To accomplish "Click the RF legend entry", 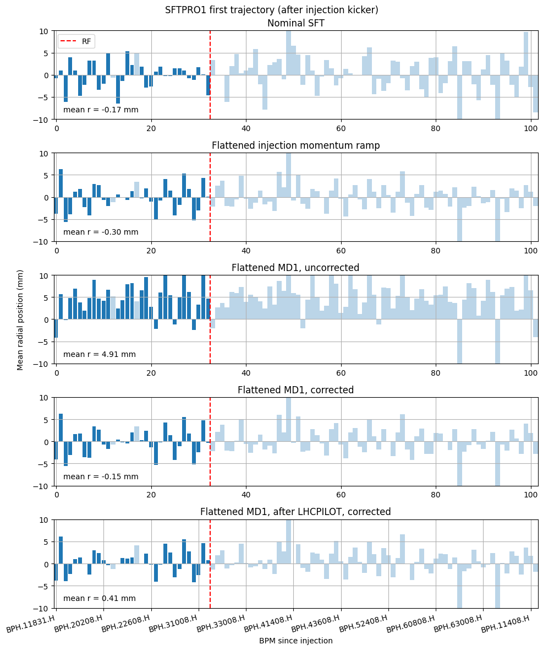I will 76,41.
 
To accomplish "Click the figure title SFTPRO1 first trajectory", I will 271,10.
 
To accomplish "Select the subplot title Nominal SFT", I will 295,23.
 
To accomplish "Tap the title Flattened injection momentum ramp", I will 295,145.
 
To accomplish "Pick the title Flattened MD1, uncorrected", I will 295,268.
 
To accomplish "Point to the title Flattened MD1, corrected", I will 295,390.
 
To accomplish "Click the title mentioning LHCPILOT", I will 295,512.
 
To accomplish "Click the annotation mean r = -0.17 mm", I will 101,110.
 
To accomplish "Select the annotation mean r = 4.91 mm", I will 99,354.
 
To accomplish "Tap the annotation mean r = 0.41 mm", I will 99,598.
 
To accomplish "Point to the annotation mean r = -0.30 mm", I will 101,232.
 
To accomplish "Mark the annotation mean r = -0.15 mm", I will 101,476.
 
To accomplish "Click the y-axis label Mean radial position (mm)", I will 20,319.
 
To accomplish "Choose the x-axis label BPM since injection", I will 295,641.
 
